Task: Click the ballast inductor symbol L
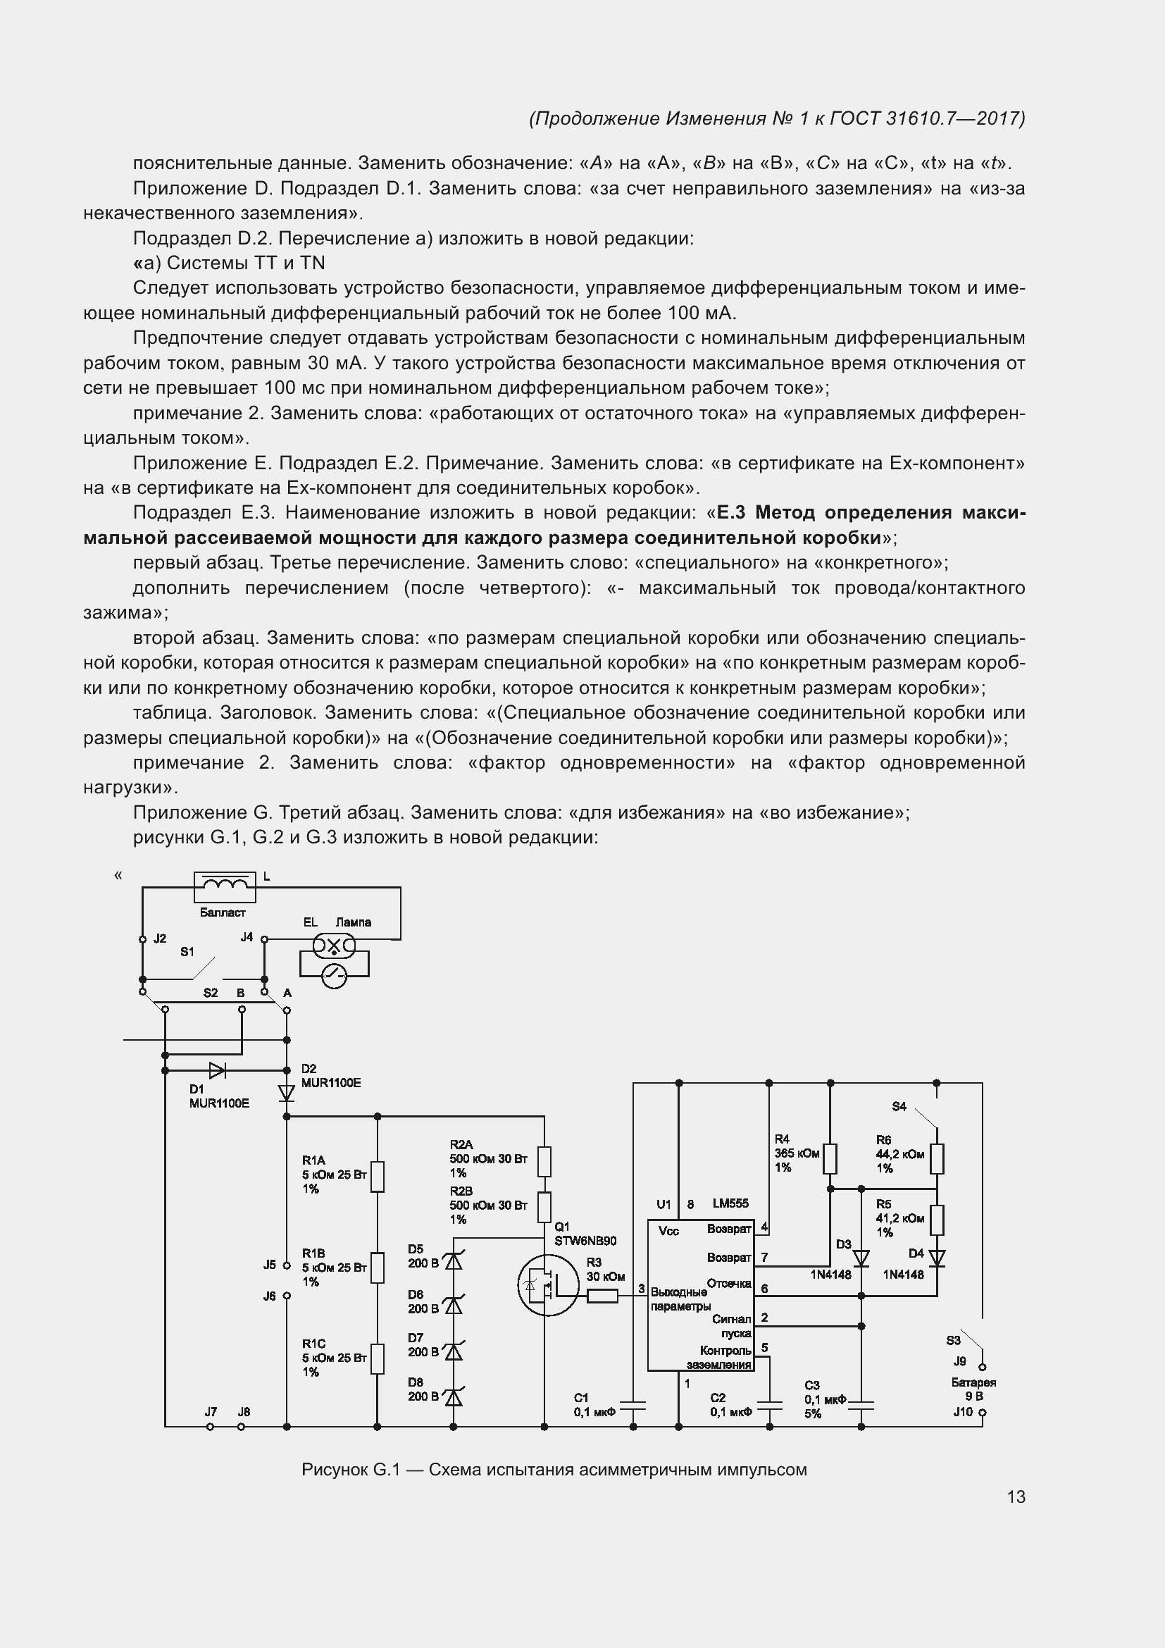[x=225, y=887]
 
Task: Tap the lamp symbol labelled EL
[x=334, y=947]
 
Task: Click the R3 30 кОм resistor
[x=603, y=1296]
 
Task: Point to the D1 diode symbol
[x=217, y=1071]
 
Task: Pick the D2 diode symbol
[x=286, y=1093]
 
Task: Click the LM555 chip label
[x=730, y=1203]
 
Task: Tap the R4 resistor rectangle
[x=830, y=1158]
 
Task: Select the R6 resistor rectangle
[x=937, y=1158]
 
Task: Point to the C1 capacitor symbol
[x=633, y=1405]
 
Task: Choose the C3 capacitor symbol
[x=861, y=1405]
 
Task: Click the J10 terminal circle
[x=982, y=1413]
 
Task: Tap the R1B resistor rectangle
[x=378, y=1268]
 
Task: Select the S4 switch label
[x=899, y=1107]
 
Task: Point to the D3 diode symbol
[x=861, y=1258]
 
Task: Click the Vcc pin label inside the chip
[x=668, y=1231]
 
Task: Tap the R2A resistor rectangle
[x=544, y=1162]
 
